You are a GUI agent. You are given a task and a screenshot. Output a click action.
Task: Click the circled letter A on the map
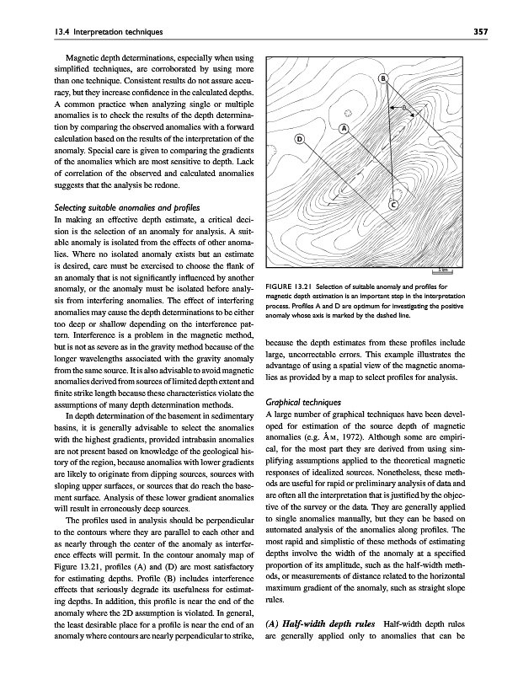point(344,128)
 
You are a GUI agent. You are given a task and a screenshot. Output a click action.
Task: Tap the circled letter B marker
point(382,79)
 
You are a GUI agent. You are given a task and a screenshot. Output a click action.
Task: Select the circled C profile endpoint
point(393,205)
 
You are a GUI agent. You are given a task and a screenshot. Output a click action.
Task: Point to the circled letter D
point(299,139)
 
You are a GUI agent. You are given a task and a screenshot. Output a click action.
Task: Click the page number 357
point(481,32)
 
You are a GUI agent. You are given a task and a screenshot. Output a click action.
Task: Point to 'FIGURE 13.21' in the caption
point(290,280)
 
